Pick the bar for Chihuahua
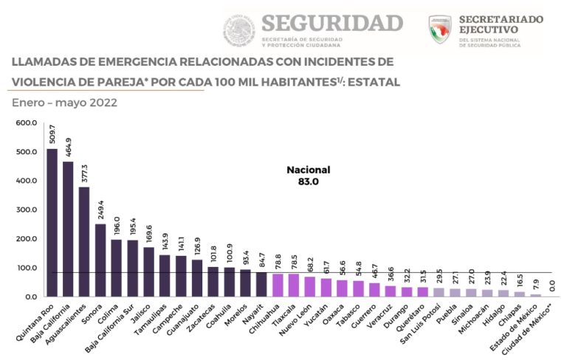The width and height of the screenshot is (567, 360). [278, 285]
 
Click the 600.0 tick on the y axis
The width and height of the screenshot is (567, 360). [26, 123]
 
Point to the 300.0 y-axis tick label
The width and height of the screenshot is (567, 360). [26, 210]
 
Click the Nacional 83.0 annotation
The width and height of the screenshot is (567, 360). [308, 175]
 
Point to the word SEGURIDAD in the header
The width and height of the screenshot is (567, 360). [331, 22]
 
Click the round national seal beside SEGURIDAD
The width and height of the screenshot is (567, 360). [238, 30]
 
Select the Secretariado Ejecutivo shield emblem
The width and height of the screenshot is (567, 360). [440, 30]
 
